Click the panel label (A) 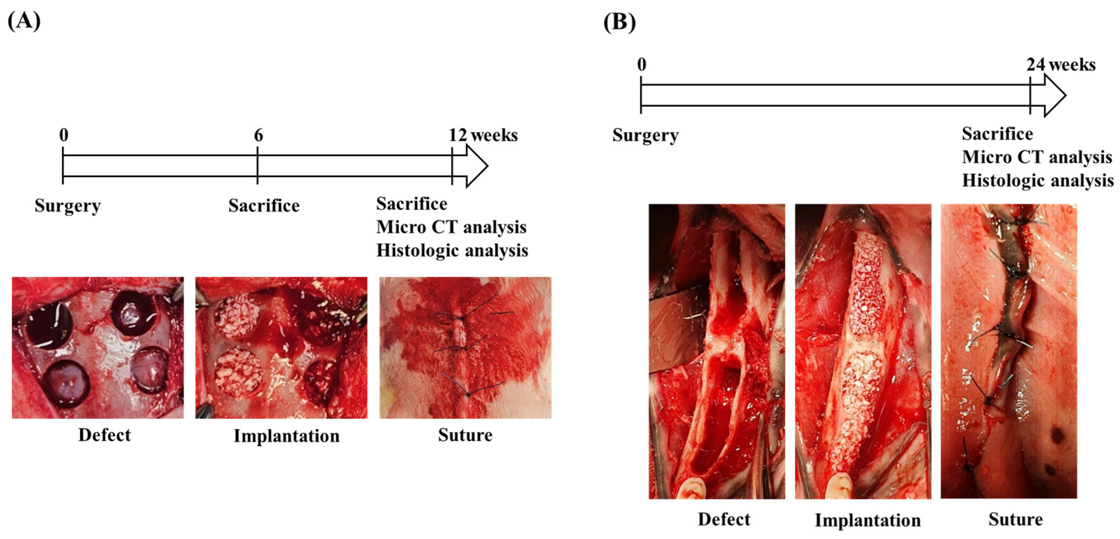[x=24, y=21]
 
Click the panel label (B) [x=619, y=22]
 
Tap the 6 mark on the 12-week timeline [x=258, y=135]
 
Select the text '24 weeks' [x=1060, y=65]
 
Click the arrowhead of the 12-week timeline [x=476, y=166]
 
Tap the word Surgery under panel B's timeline [x=645, y=135]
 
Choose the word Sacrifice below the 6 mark [x=264, y=206]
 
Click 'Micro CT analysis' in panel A [x=451, y=227]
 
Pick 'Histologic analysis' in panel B [x=1037, y=181]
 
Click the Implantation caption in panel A [x=287, y=436]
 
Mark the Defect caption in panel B [x=724, y=519]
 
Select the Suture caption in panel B [x=1015, y=519]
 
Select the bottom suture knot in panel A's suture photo [x=468, y=394]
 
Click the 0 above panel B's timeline [x=641, y=65]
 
